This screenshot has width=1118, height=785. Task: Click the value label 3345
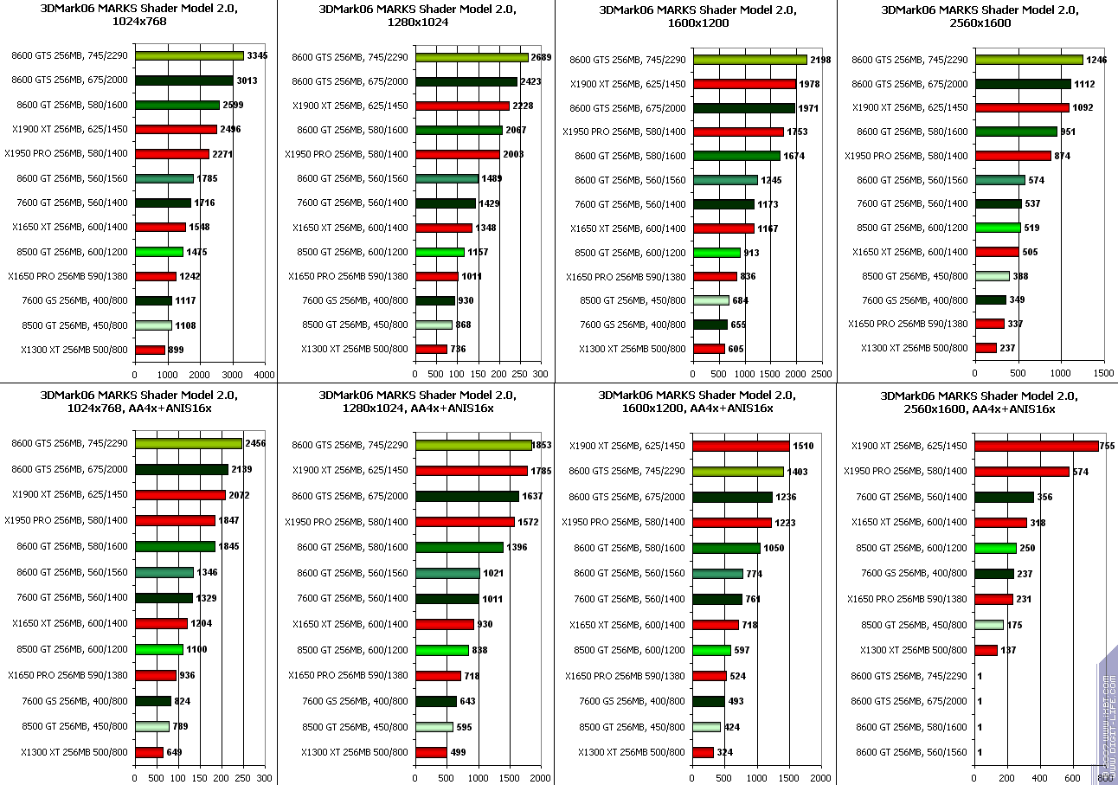(257, 56)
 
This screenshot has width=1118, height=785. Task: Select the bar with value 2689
(472, 57)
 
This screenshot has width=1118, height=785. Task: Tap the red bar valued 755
(1036, 446)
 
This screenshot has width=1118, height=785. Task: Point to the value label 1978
(810, 84)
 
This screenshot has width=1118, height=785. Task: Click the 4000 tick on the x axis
(265, 375)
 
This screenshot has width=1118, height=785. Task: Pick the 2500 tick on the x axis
(822, 375)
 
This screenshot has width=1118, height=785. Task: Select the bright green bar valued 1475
(159, 252)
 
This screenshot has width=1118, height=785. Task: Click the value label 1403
(797, 472)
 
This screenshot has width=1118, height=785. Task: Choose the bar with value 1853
(473, 445)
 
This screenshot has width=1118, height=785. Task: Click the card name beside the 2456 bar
(70, 444)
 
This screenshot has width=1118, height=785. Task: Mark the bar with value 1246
(1028, 60)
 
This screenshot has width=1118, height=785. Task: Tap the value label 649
(174, 752)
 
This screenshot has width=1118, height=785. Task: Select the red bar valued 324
(704, 752)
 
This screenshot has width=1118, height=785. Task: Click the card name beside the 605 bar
(633, 349)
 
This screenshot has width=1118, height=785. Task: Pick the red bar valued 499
(431, 752)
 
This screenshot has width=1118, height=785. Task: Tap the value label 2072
(239, 495)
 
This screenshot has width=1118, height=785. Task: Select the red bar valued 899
(150, 350)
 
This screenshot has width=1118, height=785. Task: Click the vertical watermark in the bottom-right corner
(1107, 718)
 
